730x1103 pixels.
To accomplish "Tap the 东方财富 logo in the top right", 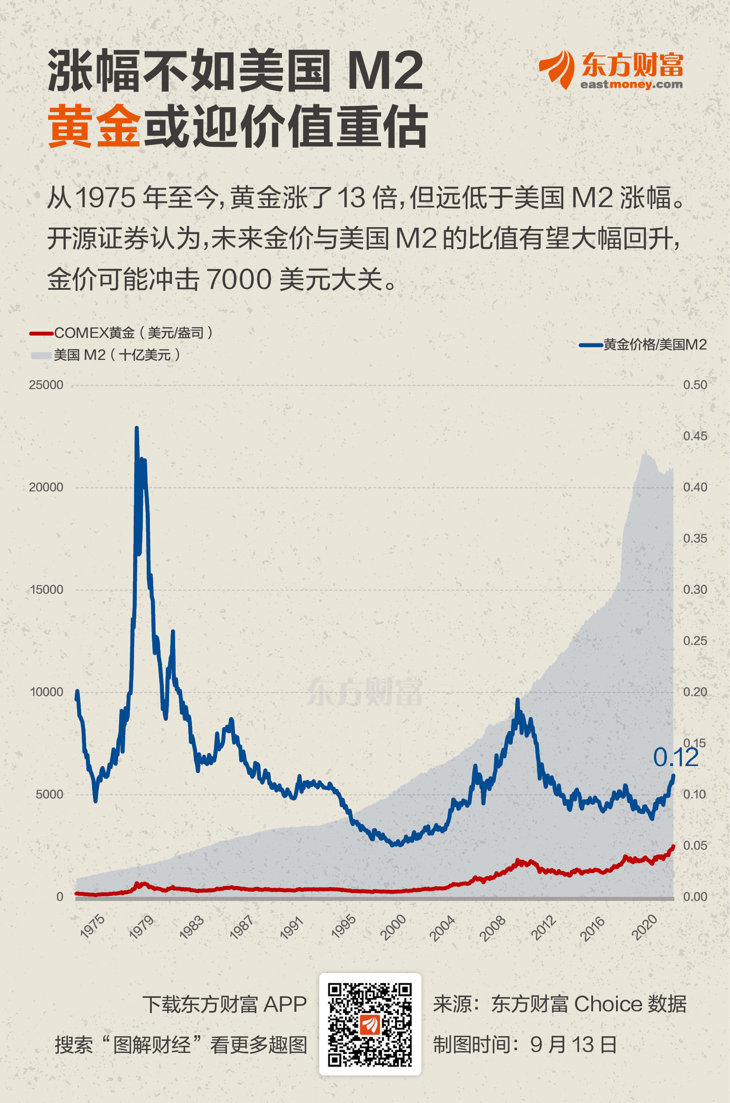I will pyautogui.click(x=611, y=70).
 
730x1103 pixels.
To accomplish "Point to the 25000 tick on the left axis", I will pyautogui.click(x=46, y=385).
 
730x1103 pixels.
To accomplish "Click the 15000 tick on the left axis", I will pyautogui.click(x=46, y=590).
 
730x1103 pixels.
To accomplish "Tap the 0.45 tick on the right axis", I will pyautogui.click(x=695, y=436).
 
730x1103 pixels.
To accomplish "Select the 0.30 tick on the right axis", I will pyautogui.click(x=695, y=590).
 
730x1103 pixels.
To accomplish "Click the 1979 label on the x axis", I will pyautogui.click(x=142, y=927).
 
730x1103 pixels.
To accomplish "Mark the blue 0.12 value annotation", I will pyautogui.click(x=675, y=758).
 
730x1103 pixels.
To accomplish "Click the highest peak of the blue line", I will pyautogui.click(x=136, y=428).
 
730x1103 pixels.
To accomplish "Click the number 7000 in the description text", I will pyautogui.click(x=239, y=279).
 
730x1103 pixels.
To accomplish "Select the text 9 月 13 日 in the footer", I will pyautogui.click(x=574, y=1045).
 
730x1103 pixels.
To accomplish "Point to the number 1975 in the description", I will pyautogui.click(x=105, y=198).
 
